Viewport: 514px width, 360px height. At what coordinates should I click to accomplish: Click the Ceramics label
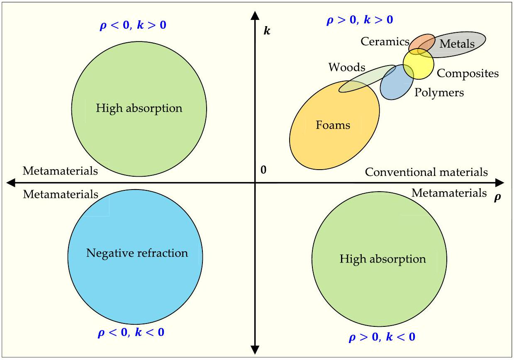coord(385,41)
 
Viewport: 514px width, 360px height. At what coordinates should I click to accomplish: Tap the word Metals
coord(457,44)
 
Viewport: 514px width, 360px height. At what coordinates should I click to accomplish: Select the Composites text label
coord(468,73)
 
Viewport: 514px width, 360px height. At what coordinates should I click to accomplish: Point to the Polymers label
coord(439,92)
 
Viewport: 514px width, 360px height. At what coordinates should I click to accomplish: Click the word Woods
coord(347,67)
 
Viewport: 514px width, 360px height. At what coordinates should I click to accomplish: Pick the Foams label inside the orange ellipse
coord(333,125)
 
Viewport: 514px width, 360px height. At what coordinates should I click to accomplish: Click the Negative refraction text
coord(137,253)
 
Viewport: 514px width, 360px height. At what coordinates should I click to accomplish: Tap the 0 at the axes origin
coord(263,170)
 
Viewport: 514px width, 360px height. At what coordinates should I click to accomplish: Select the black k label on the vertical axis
coord(267,30)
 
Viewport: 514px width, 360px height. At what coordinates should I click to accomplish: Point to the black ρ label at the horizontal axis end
coord(497,197)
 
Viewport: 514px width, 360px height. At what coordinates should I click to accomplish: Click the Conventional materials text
coord(426,172)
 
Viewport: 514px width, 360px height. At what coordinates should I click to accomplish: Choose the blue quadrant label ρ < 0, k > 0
coord(133,25)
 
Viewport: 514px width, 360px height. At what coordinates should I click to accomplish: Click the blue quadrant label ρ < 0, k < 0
coord(131,333)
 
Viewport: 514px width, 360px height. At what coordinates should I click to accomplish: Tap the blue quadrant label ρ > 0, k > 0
coord(360,20)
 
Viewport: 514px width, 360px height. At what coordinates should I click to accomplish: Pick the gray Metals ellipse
coord(460,41)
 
